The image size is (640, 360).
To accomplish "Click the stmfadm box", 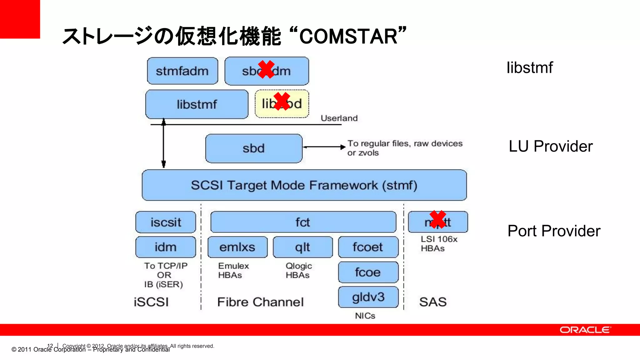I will click(182, 71).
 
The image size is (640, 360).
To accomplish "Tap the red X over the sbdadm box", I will click(266, 69).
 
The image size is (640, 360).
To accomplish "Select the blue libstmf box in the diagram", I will click(197, 104).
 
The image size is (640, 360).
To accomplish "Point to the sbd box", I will click(253, 148).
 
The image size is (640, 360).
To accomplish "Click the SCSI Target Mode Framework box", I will click(304, 185).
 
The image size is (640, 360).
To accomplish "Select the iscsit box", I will click(166, 222).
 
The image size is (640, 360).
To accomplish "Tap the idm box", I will click(166, 247).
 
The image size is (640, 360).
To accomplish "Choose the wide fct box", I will click(303, 222).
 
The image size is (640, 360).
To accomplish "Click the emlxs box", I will click(237, 247).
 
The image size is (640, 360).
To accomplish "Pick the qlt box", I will click(302, 247).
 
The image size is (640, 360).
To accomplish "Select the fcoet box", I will click(368, 247).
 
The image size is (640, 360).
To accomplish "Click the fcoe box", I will click(368, 272).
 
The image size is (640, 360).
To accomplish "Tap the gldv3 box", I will click(368, 297).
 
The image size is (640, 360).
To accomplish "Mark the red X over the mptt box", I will click(437, 219).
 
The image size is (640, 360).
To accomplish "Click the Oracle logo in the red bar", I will click(585, 330).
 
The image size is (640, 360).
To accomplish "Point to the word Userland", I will click(339, 118).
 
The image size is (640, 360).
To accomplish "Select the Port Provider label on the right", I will click(554, 231).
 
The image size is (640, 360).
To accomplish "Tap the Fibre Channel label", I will click(260, 302).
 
